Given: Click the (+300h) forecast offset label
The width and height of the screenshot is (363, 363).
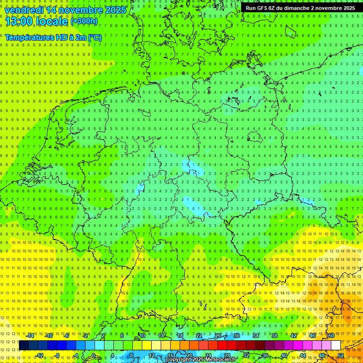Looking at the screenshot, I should pos(85,21).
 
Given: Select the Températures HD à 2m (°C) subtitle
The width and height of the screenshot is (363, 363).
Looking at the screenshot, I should pos(53,37).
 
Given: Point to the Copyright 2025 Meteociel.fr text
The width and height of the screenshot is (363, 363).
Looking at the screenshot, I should pos(201,360).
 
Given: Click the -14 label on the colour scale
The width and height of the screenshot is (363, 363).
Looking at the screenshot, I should pos(30,336).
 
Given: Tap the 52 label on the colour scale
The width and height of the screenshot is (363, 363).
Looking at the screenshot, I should pos(341,355).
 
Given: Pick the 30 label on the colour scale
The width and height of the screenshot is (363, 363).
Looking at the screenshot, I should pos(236,336).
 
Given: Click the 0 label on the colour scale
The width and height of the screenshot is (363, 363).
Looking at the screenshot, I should pos(94,355).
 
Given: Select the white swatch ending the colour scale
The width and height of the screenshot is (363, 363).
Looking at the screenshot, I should pos(336,346).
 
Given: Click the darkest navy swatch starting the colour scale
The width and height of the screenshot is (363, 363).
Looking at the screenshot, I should pos(24,346).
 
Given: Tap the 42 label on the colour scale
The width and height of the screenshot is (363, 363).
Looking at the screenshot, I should pos(293,336).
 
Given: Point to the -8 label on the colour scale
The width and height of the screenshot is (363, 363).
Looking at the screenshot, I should pos(57,355).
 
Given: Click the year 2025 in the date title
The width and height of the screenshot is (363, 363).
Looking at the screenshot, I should pos(115,10).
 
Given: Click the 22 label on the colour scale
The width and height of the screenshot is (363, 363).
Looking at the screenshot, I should pos(199,336).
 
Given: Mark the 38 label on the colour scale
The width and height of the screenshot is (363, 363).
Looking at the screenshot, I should pos(274,336).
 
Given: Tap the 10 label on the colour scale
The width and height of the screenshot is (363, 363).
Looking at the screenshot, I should pos(142,336).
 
